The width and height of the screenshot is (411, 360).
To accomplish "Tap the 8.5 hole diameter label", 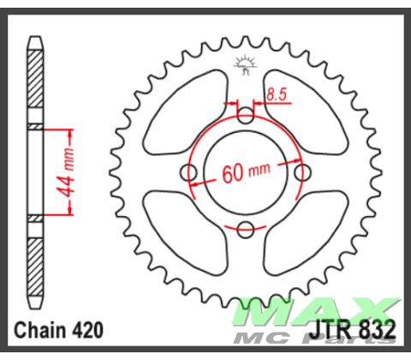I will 276,95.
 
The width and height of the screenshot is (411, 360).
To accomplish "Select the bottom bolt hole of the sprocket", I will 246,229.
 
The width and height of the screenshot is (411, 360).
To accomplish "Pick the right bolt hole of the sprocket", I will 302,172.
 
